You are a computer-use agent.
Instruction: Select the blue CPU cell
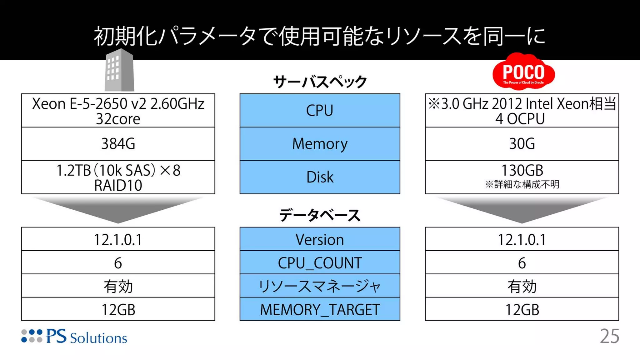pos(320,110)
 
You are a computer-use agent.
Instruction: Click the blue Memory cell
pos(320,144)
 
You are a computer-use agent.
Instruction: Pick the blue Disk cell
pos(320,177)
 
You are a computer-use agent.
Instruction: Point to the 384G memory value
pos(118,144)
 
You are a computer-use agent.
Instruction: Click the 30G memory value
pos(522,144)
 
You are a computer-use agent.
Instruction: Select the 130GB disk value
pos(522,171)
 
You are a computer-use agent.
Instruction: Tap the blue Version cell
pos(320,240)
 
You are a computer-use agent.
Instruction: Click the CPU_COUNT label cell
pos(320,263)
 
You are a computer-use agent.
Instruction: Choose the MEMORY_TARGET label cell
pos(320,310)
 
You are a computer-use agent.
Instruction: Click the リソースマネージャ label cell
pos(320,286)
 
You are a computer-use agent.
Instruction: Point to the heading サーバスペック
pos(320,82)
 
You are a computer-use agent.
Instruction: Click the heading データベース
pos(320,215)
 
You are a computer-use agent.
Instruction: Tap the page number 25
pos(609,337)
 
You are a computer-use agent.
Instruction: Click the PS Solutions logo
pos(74,337)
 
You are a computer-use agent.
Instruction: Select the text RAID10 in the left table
pos(118,186)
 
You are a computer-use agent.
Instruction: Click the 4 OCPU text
pos(520,119)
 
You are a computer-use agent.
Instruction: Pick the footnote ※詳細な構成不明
pos(522,184)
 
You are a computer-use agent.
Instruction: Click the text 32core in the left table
pos(118,119)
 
